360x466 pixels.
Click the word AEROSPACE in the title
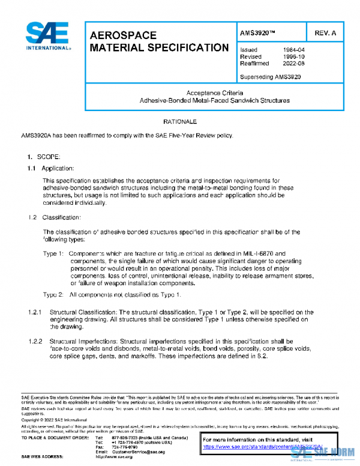[123, 35]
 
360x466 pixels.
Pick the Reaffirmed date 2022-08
[293, 63]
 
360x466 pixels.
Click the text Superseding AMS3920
[270, 77]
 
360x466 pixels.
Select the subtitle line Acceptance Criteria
[214, 93]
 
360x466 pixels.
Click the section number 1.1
[32, 168]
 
